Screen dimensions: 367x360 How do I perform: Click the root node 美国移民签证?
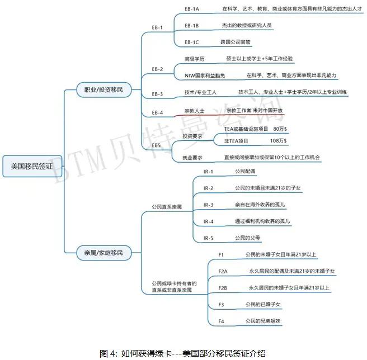point(31,166)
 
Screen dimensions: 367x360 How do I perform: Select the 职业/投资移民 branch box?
point(103,89)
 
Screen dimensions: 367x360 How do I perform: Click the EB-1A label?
point(192,9)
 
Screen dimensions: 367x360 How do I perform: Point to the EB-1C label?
point(192,42)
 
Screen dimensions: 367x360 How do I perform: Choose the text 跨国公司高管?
point(236,42)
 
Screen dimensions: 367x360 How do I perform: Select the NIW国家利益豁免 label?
point(207,75)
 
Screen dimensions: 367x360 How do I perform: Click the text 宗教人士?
point(194,111)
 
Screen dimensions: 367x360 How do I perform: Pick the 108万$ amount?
point(278,140)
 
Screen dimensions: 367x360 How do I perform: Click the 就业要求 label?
point(192,157)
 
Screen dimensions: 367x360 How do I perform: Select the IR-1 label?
point(209,171)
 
